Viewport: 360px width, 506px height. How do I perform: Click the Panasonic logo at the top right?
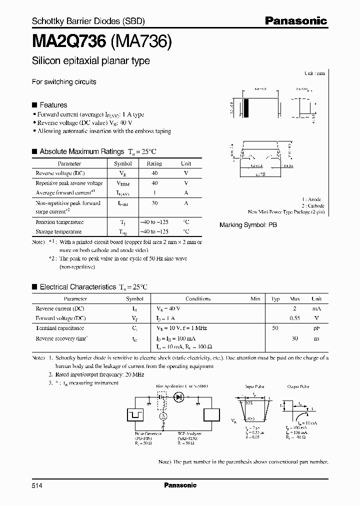tap(295, 21)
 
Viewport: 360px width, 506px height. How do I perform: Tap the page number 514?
tap(37, 485)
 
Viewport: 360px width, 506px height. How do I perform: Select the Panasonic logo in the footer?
tap(180, 485)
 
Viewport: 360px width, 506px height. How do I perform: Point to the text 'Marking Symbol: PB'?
tap(248, 225)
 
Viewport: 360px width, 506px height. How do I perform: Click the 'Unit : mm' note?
tap(314, 73)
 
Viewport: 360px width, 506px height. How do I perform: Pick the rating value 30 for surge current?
tap(154, 203)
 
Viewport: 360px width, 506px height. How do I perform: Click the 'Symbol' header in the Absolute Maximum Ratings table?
tap(123, 163)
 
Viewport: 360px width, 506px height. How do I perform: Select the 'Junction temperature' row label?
tap(59, 221)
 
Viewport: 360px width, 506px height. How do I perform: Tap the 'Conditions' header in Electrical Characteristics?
tap(198, 299)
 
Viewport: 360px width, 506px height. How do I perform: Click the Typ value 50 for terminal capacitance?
tap(275, 328)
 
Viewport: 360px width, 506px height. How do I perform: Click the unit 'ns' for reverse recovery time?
tap(316, 338)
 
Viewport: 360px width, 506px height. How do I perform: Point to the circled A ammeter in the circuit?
tap(162, 416)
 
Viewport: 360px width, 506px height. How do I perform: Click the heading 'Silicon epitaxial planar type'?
tap(91, 61)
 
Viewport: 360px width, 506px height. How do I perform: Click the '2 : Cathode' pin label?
tap(312, 205)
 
